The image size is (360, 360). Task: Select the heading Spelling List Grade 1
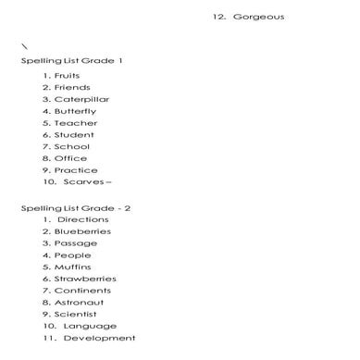click(x=72, y=60)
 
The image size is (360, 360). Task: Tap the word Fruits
click(x=68, y=75)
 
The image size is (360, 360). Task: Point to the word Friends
click(x=72, y=87)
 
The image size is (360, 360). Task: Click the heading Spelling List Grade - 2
click(x=76, y=208)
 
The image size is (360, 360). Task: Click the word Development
click(x=99, y=339)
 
